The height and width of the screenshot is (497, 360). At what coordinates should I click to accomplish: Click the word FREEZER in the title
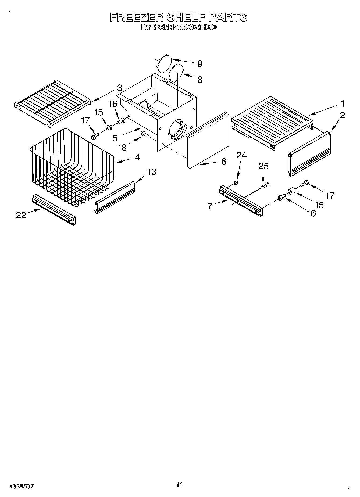tap(137, 17)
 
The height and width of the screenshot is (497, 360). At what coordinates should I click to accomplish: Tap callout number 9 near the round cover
tap(199, 64)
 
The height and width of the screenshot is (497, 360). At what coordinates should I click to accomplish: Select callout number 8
tap(199, 80)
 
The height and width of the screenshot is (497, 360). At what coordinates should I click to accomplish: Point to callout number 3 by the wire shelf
tap(119, 88)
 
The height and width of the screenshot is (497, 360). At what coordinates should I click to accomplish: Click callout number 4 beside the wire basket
tap(137, 157)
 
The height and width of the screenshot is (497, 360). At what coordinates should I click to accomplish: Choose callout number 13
tap(152, 171)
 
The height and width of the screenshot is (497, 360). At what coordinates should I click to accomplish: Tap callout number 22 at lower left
tap(21, 215)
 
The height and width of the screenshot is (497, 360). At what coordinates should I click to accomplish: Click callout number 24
tap(241, 155)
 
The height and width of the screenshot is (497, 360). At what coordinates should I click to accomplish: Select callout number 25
tap(263, 166)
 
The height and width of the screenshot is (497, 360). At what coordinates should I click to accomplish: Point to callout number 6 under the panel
tap(224, 161)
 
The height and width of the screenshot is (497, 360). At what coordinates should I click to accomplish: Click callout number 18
tap(122, 148)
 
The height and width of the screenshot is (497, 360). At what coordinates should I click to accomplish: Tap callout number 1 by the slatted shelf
tap(342, 103)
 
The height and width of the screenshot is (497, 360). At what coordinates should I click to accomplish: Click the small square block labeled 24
tap(236, 183)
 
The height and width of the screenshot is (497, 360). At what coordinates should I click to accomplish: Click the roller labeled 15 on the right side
tap(291, 191)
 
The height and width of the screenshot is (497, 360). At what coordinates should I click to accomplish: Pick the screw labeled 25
tap(265, 185)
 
